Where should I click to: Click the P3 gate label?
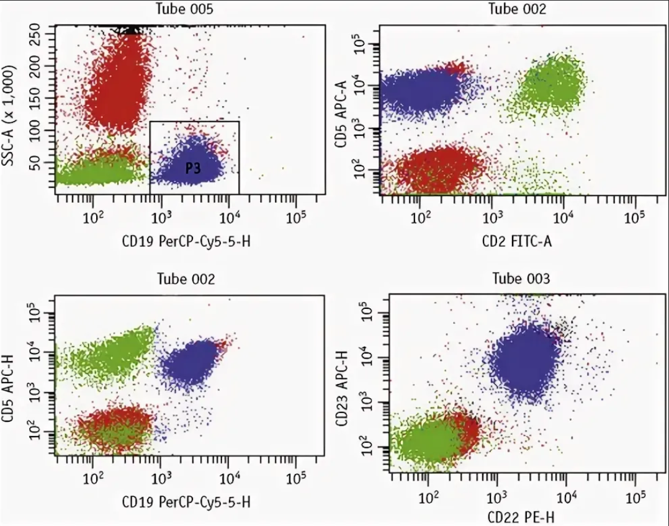pos(192,169)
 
